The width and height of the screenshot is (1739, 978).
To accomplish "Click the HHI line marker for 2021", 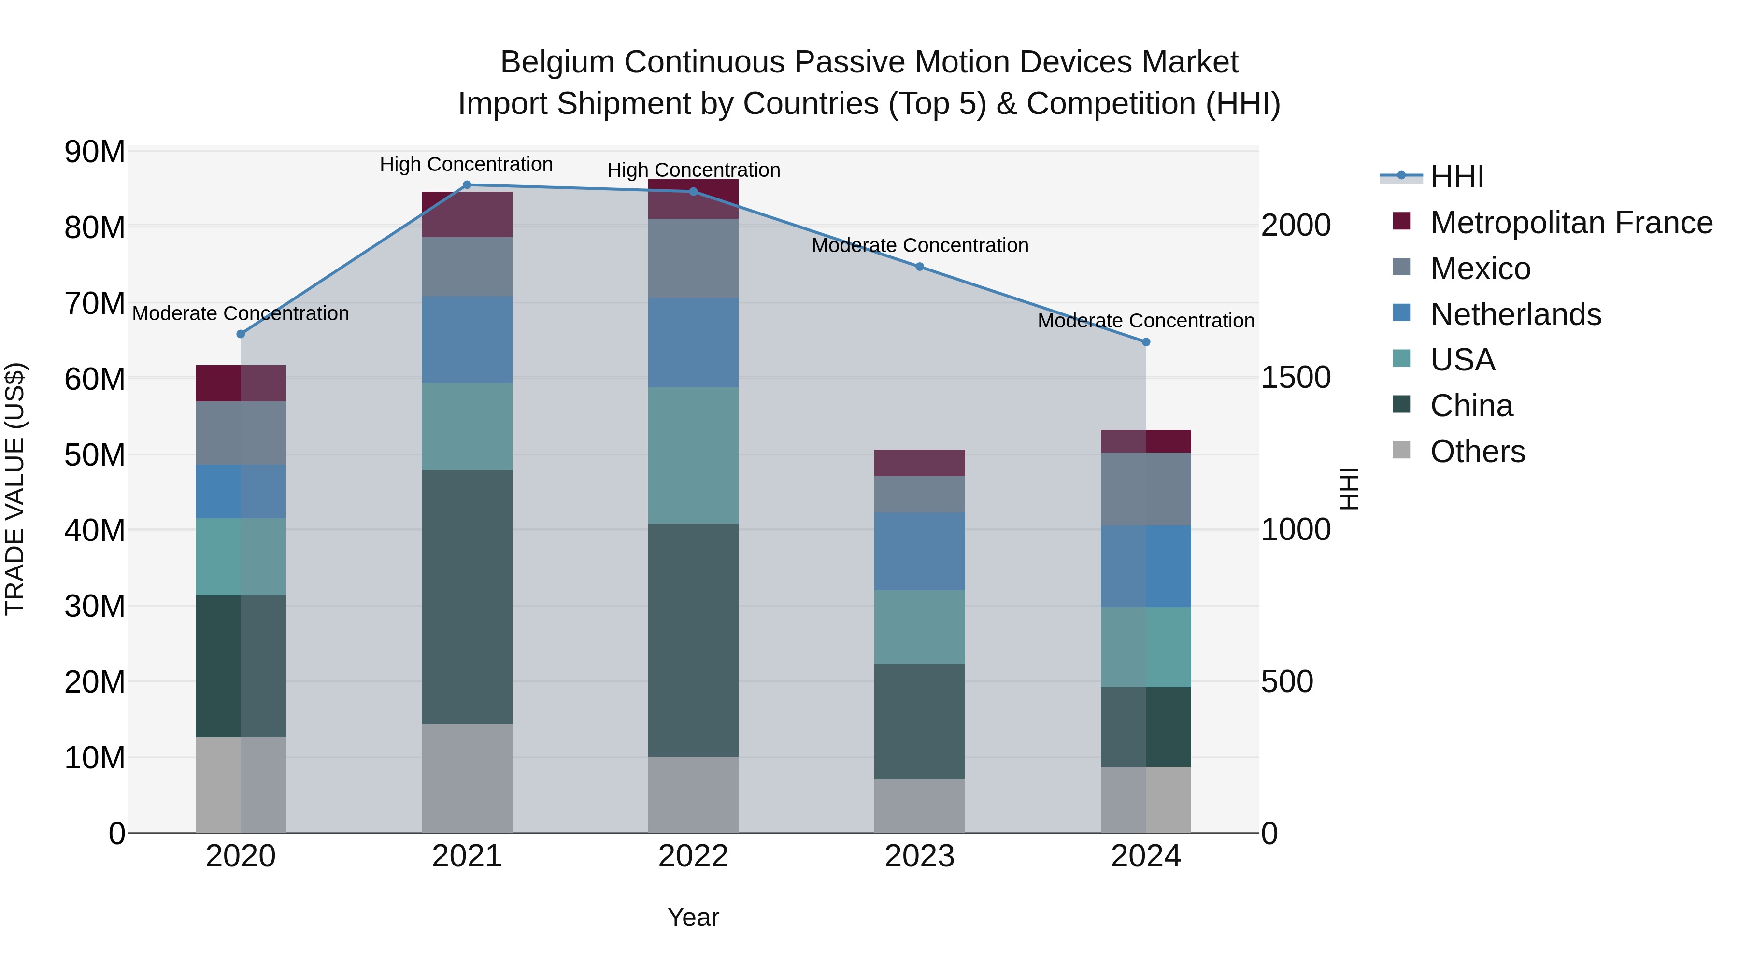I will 467,184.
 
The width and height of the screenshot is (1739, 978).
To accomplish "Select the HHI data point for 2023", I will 919,267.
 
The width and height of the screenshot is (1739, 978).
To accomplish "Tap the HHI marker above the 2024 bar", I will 1146,342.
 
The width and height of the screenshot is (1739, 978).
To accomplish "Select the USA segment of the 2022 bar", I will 693,455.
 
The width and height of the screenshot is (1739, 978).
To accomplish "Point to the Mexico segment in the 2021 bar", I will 467,266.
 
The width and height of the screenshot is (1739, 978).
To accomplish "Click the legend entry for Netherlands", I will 1515,314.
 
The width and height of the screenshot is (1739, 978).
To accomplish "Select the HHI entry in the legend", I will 1457,177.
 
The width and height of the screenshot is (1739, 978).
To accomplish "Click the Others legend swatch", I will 1401,450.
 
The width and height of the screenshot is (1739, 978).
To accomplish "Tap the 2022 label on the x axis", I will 693,856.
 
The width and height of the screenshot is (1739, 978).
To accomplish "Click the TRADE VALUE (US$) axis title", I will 15,489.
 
